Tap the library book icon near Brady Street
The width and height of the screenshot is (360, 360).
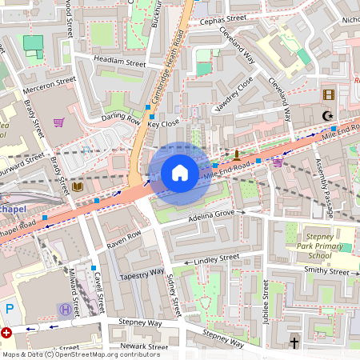pos(78,187)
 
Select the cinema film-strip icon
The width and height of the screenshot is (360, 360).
pos(327,94)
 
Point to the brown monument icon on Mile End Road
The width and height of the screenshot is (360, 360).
pos(238,152)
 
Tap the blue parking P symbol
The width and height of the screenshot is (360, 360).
pos(10,309)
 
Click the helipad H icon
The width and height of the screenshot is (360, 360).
pos(64,309)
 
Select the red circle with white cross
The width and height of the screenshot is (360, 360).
pos(7,332)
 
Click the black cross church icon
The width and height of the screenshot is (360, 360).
pos(294,343)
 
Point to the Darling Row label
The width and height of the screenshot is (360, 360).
pos(120,118)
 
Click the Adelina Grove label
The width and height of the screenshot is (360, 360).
pos(210,214)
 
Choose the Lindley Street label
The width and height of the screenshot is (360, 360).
pos(216,259)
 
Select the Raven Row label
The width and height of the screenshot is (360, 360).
pos(123,238)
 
